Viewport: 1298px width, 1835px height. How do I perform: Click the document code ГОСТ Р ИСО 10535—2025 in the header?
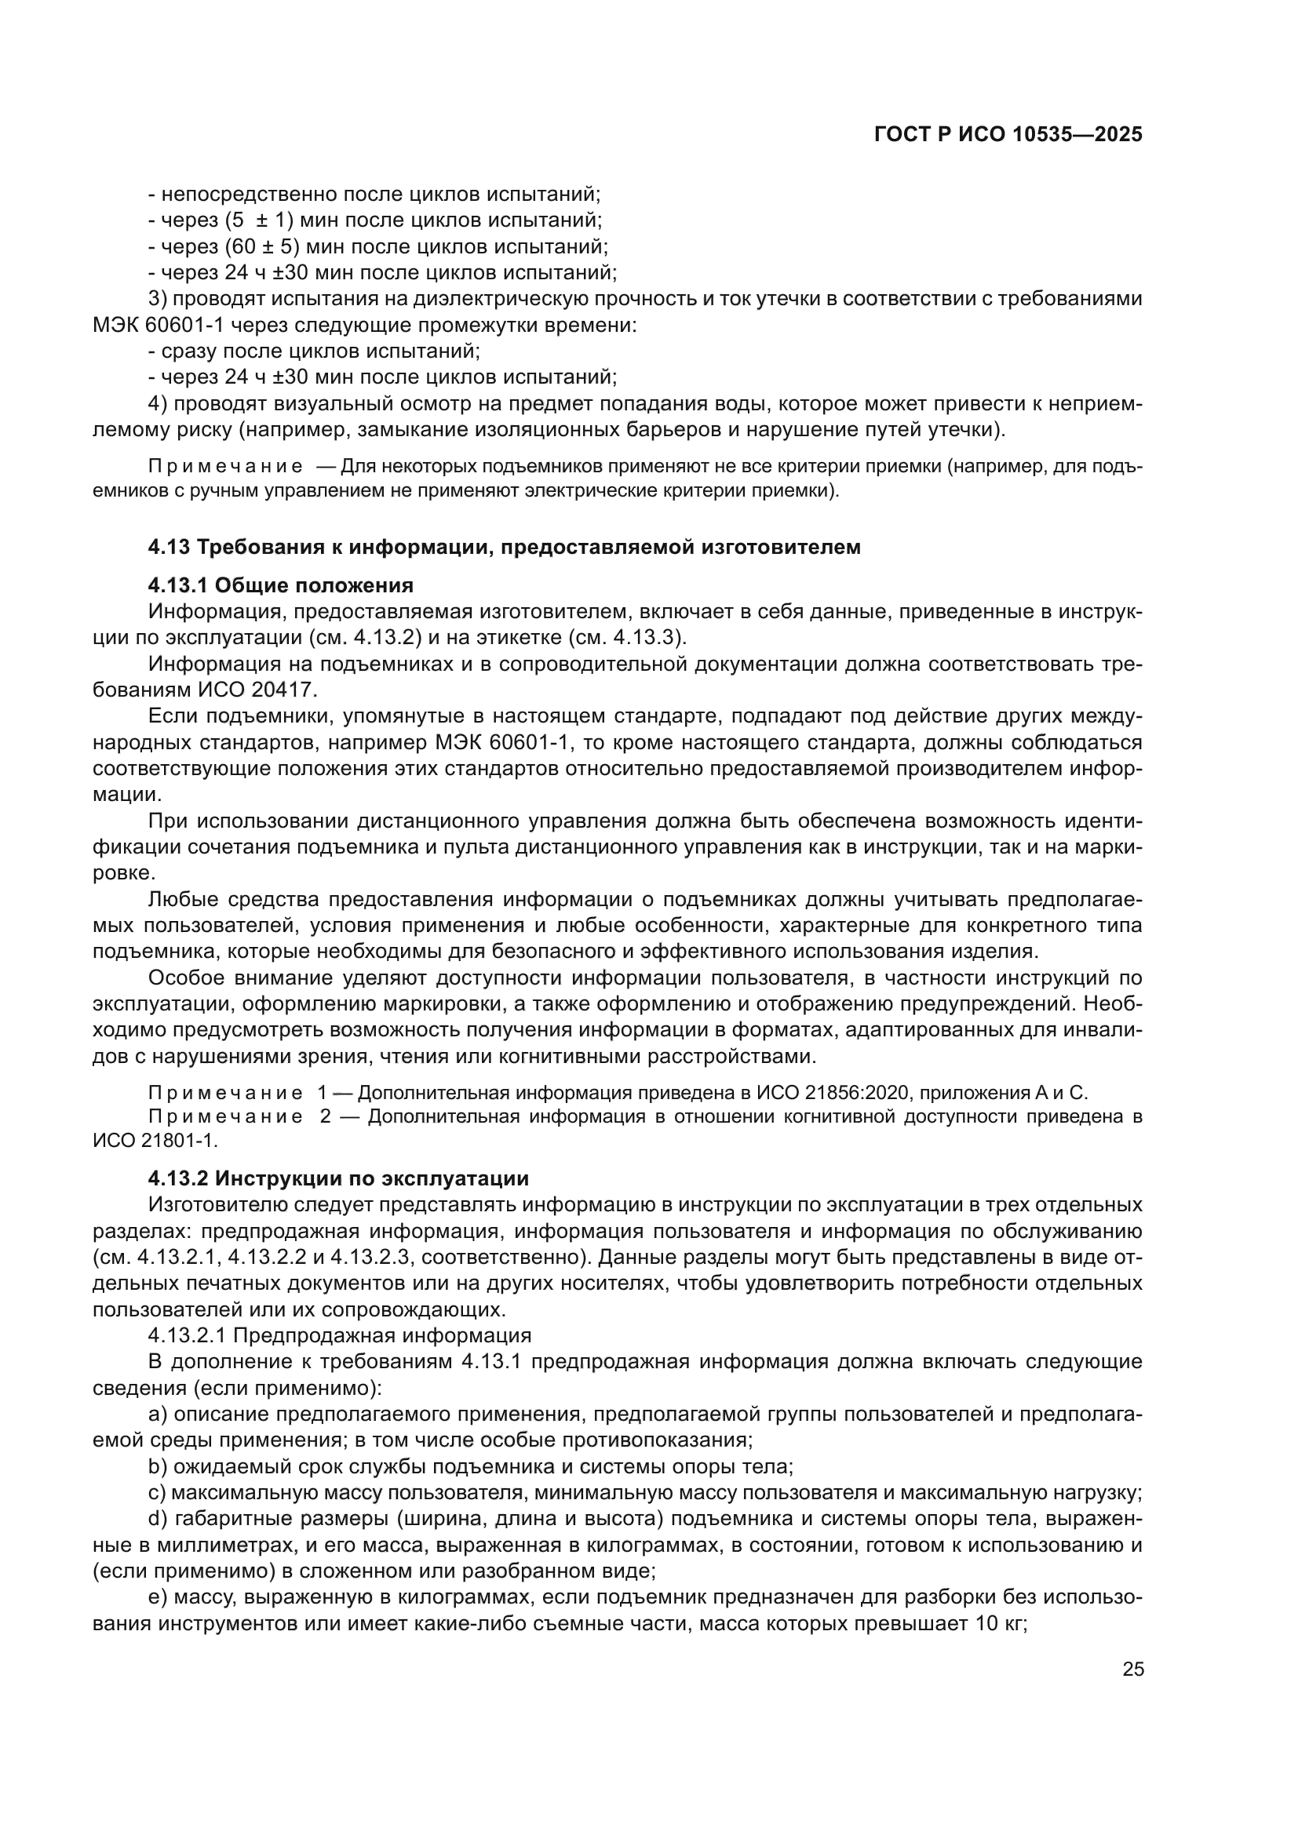click(1008, 134)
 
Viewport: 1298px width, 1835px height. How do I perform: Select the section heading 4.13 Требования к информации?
click(505, 548)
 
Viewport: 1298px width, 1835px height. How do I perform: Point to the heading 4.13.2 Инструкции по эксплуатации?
click(338, 1179)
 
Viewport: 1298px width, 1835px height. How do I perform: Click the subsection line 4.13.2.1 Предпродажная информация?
click(340, 1335)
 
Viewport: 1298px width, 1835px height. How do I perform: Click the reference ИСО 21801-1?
click(155, 1140)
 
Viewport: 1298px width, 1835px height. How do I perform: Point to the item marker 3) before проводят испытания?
click(158, 299)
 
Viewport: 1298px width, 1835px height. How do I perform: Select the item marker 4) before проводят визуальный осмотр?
click(158, 403)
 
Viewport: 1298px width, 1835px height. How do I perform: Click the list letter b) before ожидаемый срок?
click(158, 1467)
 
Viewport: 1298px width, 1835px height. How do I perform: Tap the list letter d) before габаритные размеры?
click(158, 1520)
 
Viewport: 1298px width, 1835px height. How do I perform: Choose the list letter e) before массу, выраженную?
click(158, 1597)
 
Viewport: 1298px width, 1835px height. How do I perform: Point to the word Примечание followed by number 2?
click(225, 1116)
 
